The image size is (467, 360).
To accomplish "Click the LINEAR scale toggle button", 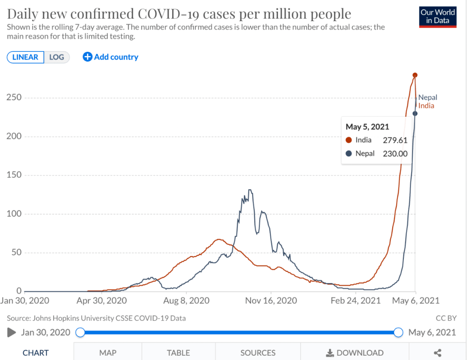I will click(x=26, y=57).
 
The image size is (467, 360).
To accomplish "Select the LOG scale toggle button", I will click(x=57, y=57).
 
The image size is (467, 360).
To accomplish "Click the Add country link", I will click(x=111, y=57).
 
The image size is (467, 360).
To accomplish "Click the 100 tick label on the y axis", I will click(x=14, y=214).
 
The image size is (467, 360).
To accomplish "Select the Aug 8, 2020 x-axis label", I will click(x=186, y=300).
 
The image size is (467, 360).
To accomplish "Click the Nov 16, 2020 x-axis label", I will click(x=271, y=300).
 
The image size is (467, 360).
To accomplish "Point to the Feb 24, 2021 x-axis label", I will click(x=355, y=300).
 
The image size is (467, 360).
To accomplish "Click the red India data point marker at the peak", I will click(x=415, y=75).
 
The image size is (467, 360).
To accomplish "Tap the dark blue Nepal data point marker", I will click(x=415, y=114).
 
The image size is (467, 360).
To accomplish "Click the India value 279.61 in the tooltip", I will click(x=395, y=140).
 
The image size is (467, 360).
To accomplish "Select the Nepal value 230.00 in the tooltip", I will click(x=395, y=153).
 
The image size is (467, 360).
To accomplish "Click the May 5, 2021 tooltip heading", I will click(x=368, y=127).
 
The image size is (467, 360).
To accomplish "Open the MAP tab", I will click(x=108, y=353).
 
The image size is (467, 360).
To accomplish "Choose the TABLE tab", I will click(x=178, y=353).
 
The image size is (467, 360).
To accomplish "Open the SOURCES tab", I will click(x=258, y=353).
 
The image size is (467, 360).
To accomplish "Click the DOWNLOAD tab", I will click(x=355, y=353).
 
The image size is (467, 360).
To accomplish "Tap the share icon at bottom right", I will click(x=438, y=353).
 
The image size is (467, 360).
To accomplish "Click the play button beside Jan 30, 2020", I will click(x=12, y=332).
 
